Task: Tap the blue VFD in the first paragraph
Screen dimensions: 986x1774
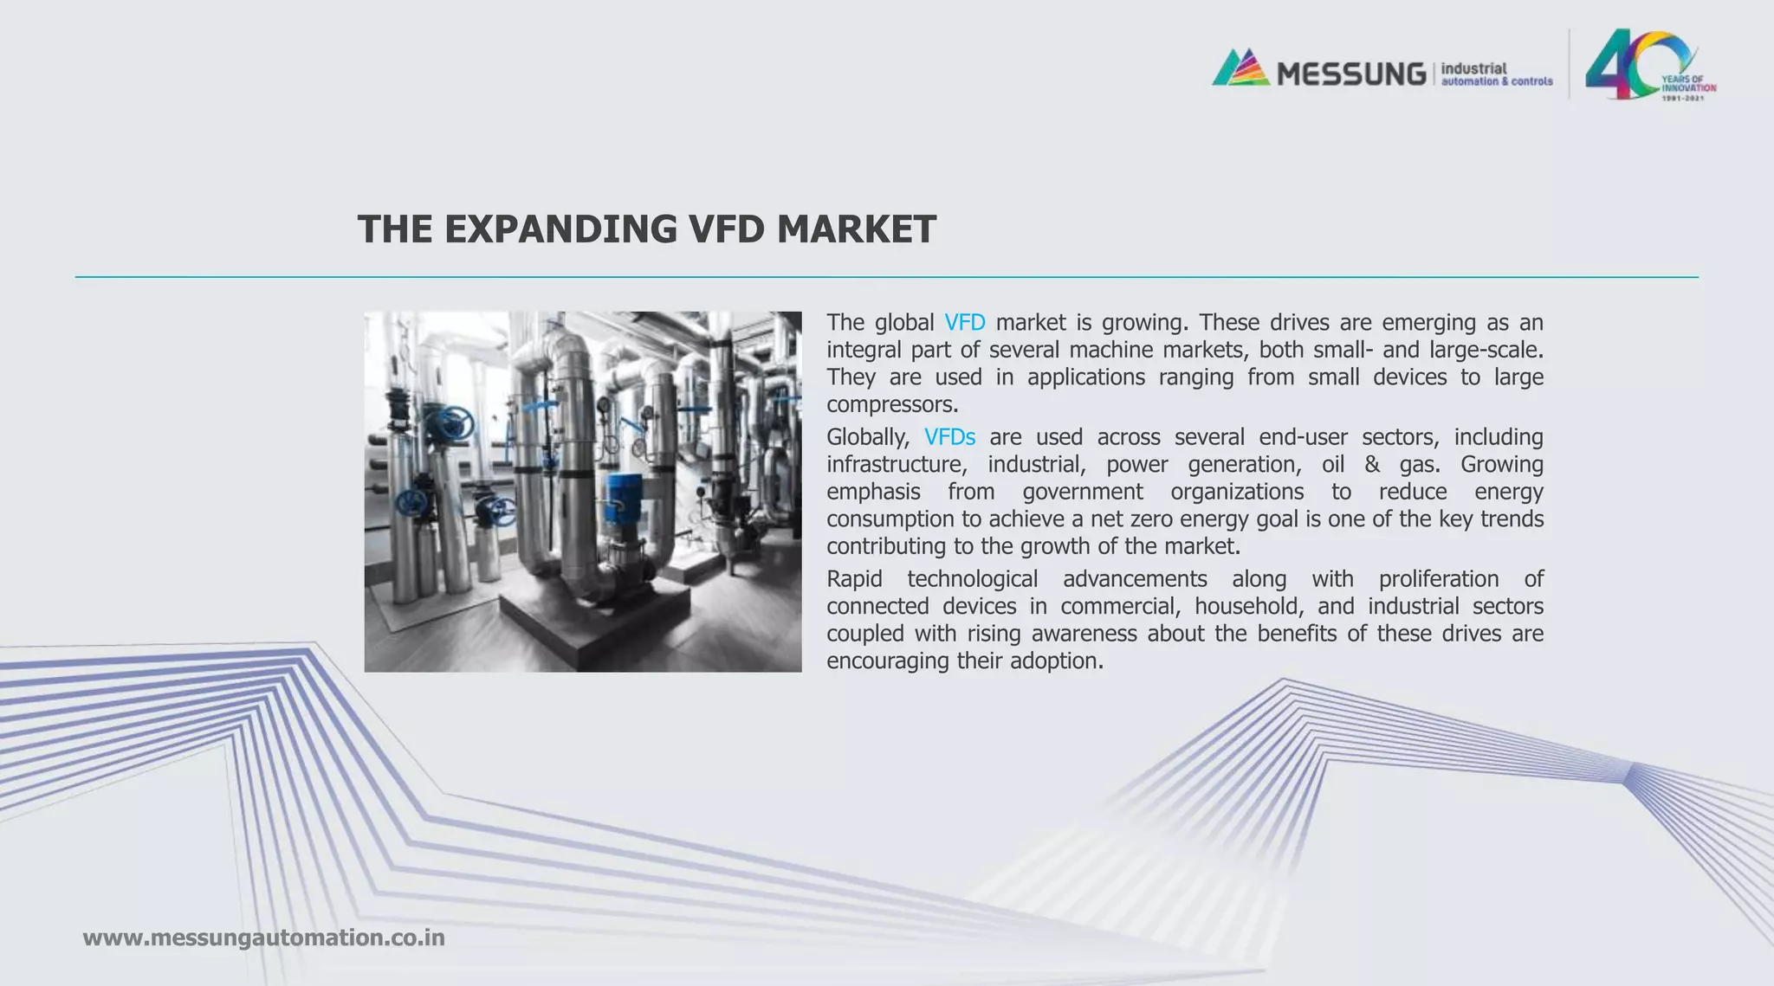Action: click(x=964, y=323)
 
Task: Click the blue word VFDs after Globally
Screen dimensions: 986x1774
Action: click(x=949, y=437)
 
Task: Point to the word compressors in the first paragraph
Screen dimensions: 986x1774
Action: click(x=891, y=404)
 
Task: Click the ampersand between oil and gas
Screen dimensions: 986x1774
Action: click(x=1371, y=465)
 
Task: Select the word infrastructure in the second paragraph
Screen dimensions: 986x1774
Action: click(x=896, y=465)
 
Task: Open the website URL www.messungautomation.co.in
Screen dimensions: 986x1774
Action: click(x=263, y=938)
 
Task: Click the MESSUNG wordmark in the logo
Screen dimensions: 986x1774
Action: click(x=1350, y=74)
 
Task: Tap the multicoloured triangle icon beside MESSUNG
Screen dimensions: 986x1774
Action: click(x=1240, y=68)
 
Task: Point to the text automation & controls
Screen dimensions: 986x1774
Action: click(x=1496, y=81)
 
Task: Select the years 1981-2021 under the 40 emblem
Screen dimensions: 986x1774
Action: click(x=1682, y=98)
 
